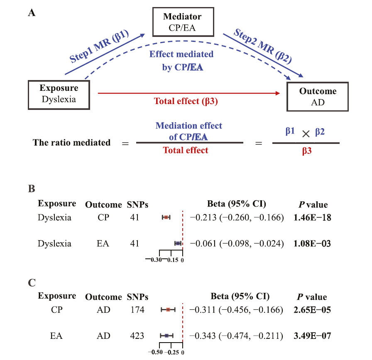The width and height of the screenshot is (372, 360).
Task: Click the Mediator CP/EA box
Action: tap(182, 22)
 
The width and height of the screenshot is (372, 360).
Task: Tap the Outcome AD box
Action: tap(318, 97)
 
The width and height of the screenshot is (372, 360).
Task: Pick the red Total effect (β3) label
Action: tap(186, 101)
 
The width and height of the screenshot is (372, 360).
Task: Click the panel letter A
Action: tap(32, 13)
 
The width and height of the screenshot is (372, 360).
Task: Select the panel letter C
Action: tap(32, 283)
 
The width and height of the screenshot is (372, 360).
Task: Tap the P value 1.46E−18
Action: tap(312, 217)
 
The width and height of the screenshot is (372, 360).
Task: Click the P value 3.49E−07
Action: tap(312, 335)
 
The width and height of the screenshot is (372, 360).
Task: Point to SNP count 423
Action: tap(137, 335)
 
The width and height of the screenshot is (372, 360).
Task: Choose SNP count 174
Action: tap(137, 309)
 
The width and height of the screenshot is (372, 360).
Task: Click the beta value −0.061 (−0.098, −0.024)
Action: tap(236, 243)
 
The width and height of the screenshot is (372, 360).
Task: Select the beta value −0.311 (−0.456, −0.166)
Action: tap(236, 309)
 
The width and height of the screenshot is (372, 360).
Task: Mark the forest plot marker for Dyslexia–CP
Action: tap(166, 217)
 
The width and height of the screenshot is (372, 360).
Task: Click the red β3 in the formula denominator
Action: tap(306, 152)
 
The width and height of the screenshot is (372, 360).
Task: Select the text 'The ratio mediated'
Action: tap(72, 143)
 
